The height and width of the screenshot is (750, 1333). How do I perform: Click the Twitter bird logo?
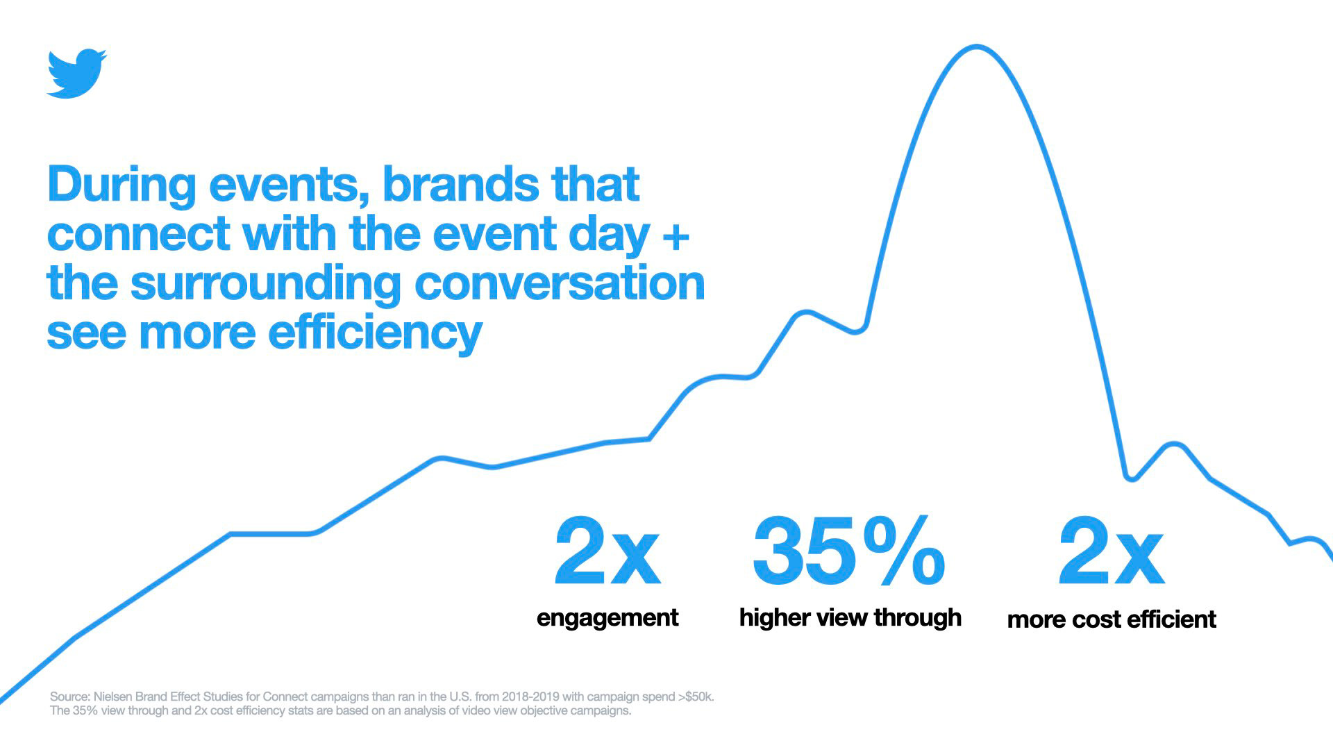[x=76, y=73]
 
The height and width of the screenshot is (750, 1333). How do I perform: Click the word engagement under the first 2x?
[x=607, y=617]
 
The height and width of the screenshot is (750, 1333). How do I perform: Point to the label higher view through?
[x=850, y=617]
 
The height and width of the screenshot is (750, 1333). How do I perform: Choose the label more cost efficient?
[x=1112, y=619]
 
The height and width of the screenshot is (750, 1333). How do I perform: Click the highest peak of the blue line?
[x=977, y=47]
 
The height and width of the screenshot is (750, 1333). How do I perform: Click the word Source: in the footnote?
[x=69, y=697]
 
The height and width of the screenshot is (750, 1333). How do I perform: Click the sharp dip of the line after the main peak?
[x=1131, y=478]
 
